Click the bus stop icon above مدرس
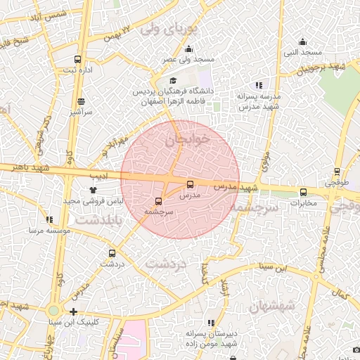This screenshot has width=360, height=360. click(190, 184)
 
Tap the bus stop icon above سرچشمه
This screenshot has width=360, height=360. click(157, 201)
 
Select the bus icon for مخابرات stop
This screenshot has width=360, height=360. click(304, 193)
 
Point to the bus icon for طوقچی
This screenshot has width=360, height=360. click(337, 172)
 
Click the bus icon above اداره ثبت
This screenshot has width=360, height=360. click(77, 60)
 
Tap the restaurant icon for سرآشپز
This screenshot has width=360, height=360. click(81, 101)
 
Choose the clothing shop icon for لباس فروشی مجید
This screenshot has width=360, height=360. click(91, 190)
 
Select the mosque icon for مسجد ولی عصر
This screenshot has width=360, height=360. click(188, 49)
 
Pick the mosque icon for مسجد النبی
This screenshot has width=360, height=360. click(302, 41)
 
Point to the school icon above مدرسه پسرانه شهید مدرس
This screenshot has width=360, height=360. click(259, 85)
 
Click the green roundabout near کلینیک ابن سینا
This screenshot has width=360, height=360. click(54, 310)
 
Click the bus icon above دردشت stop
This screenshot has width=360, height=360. click(112, 253)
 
